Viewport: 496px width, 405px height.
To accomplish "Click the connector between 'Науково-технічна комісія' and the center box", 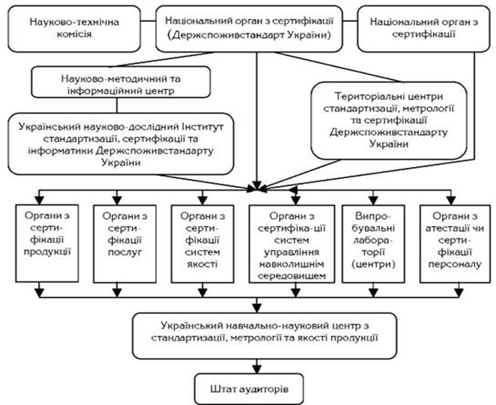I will tap(148, 22).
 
